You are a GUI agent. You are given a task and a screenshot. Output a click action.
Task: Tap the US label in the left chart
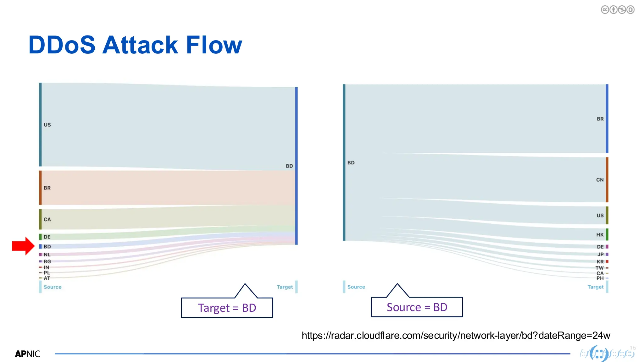(47, 125)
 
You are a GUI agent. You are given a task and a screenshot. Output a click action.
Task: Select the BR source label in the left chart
(47, 188)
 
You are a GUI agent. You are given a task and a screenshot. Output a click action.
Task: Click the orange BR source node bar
(40, 188)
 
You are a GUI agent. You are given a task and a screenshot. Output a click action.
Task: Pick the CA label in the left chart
(47, 219)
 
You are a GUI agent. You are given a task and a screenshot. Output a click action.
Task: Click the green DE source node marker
(40, 237)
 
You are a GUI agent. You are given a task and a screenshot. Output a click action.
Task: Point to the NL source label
(47, 255)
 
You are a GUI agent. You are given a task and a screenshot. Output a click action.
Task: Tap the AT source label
(47, 278)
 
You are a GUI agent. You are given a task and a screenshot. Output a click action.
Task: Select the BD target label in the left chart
(289, 166)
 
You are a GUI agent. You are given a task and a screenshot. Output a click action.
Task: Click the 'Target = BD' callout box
(227, 308)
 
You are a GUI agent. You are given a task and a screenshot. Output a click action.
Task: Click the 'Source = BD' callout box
(417, 307)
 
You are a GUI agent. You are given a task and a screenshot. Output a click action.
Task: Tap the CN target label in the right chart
(600, 180)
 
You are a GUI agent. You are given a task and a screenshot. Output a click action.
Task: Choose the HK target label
(600, 235)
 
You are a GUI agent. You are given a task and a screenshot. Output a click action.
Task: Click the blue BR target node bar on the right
(607, 118)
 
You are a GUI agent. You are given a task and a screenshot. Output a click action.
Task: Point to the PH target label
(600, 278)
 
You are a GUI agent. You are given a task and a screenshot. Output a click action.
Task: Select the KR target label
(600, 261)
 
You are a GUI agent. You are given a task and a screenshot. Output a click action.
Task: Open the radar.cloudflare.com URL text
(456, 336)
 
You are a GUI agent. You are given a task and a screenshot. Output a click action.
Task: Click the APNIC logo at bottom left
(27, 354)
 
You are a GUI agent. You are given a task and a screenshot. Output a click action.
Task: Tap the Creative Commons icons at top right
(617, 10)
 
